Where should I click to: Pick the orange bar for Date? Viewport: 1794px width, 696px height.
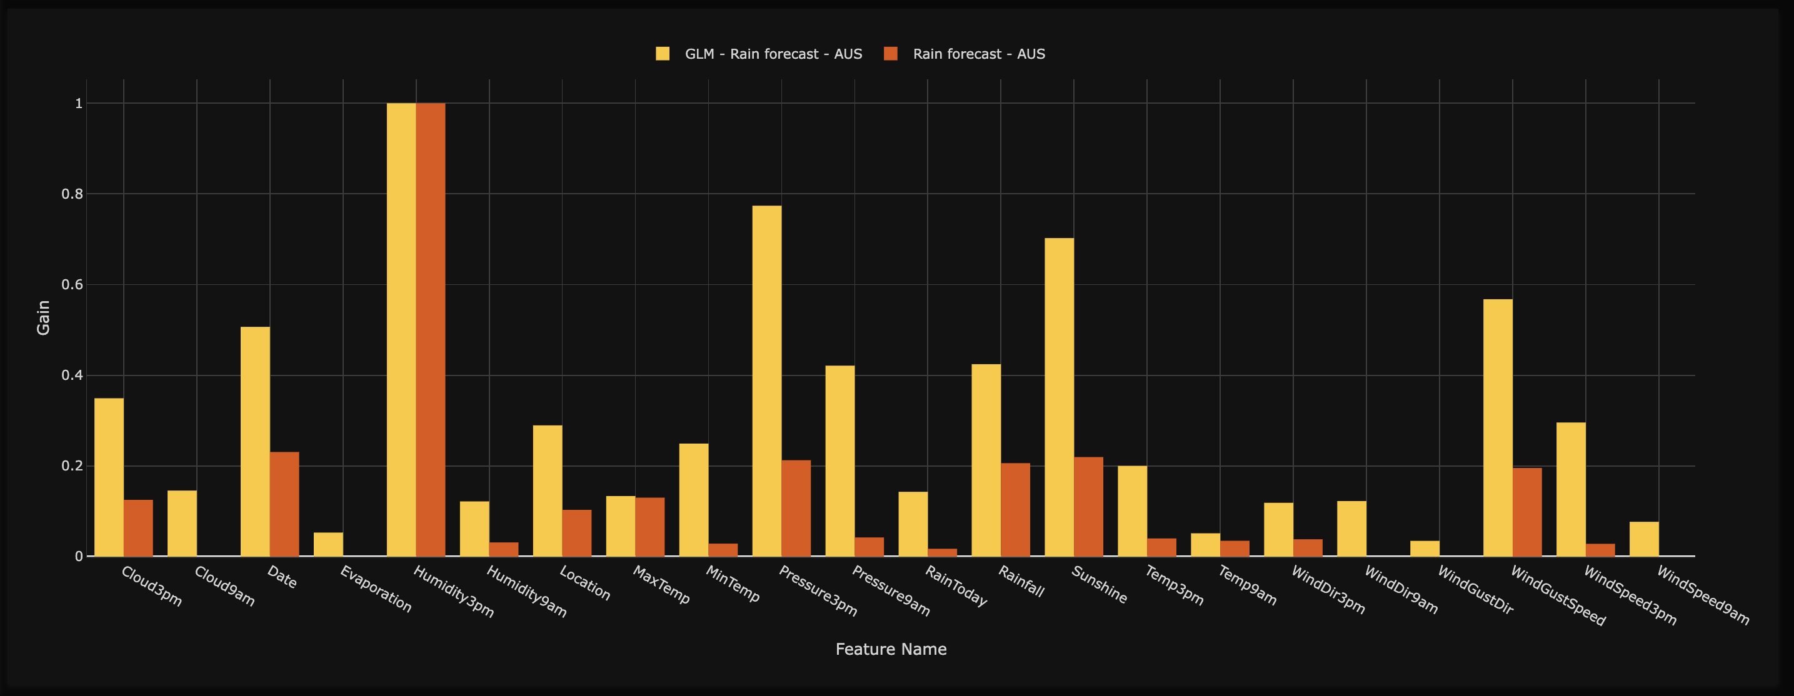click(284, 504)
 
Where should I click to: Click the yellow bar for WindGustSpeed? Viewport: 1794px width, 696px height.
click(1497, 427)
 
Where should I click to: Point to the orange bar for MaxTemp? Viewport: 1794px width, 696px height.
click(649, 527)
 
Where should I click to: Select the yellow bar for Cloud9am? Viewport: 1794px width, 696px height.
click(182, 524)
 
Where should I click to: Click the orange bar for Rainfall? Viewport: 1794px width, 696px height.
click(1015, 509)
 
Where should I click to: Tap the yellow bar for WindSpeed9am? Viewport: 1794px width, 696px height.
click(1643, 539)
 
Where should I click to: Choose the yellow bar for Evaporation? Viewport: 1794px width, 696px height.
click(328, 544)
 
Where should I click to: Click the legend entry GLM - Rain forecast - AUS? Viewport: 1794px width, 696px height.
click(773, 54)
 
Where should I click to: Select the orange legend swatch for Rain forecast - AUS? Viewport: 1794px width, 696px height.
click(891, 54)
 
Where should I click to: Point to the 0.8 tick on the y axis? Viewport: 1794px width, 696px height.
click(73, 194)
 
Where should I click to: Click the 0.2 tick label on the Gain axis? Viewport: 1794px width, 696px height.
click(73, 465)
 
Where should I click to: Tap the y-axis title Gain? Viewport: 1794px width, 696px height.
click(43, 318)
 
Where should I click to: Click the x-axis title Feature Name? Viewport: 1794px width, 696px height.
click(891, 649)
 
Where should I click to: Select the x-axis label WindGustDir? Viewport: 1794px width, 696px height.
click(1475, 590)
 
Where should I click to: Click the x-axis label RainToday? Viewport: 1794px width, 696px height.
click(956, 586)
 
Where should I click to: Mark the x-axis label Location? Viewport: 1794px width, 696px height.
click(585, 584)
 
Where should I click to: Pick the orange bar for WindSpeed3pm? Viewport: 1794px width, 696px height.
click(1600, 550)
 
